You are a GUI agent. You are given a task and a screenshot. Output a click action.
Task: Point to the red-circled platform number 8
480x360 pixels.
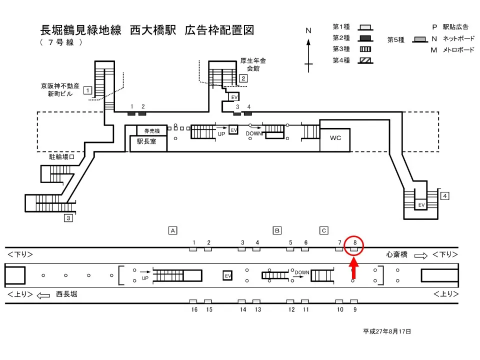pyautogui.click(x=354, y=243)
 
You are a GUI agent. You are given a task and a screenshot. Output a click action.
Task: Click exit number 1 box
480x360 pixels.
pyautogui.click(x=87, y=90)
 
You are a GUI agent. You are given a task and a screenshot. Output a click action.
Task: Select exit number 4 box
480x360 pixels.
pyautogui.click(x=445, y=195)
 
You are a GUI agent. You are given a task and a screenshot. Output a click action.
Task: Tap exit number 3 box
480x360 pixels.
pyautogui.click(x=68, y=218)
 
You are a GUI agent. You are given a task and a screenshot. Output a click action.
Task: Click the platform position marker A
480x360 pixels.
pyautogui.click(x=173, y=230)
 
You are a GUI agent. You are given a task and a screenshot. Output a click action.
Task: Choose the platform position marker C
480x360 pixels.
pyautogui.click(x=324, y=230)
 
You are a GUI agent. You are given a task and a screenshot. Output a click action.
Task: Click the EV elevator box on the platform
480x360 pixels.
pyautogui.click(x=228, y=275)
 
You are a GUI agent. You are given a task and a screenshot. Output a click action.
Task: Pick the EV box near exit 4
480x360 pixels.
pyautogui.click(x=421, y=205)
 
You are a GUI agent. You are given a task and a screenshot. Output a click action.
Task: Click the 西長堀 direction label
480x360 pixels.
pyautogui.click(x=66, y=294)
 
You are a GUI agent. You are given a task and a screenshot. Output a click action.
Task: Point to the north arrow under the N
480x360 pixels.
pyautogui.click(x=309, y=53)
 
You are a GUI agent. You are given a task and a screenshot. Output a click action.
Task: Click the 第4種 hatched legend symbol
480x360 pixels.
pyautogui.click(x=365, y=60)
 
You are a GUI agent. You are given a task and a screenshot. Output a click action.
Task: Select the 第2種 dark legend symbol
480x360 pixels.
pyautogui.click(x=365, y=38)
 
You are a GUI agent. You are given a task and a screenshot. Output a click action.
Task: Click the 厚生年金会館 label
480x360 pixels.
pyautogui.click(x=253, y=64)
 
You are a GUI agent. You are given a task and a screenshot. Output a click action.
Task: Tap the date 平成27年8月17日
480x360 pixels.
pyautogui.click(x=387, y=331)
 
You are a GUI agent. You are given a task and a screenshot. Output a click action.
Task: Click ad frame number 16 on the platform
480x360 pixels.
pyautogui.click(x=193, y=301)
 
